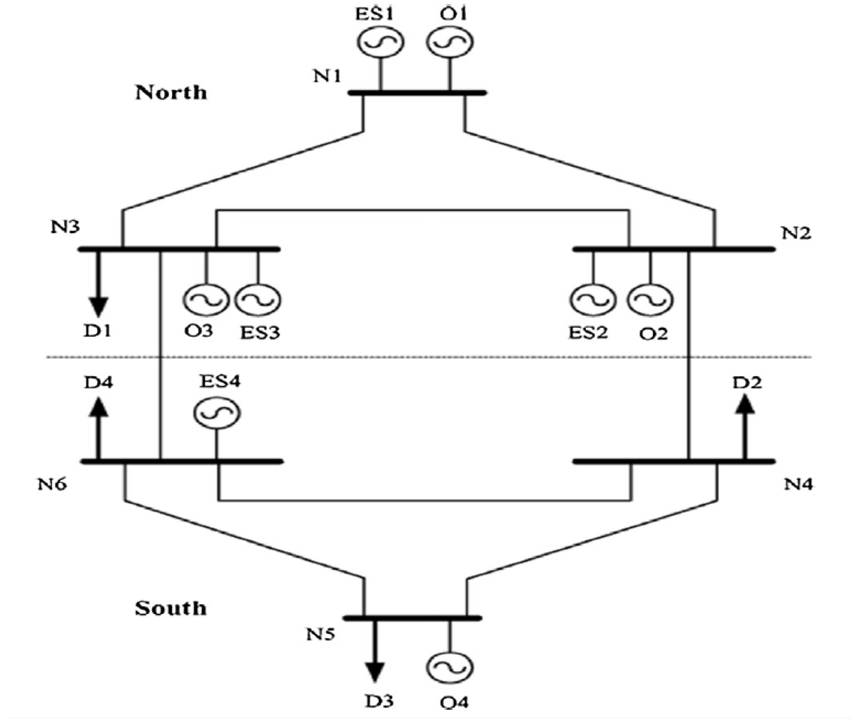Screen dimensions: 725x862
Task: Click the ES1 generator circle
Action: pos(380,42)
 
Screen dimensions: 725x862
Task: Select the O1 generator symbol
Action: pos(450,42)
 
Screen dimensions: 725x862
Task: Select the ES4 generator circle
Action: pos(217,413)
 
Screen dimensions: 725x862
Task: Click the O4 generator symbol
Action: pos(449,668)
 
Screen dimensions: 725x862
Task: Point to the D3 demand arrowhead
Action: pos(375,673)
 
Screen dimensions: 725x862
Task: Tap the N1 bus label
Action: pos(327,76)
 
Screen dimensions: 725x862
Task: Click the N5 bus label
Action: pos(320,634)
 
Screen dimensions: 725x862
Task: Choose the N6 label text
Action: pos(52,484)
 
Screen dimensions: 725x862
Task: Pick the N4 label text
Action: pos(798,484)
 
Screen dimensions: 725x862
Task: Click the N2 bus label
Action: pos(796,233)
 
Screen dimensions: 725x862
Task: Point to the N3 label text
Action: pos(65,227)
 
